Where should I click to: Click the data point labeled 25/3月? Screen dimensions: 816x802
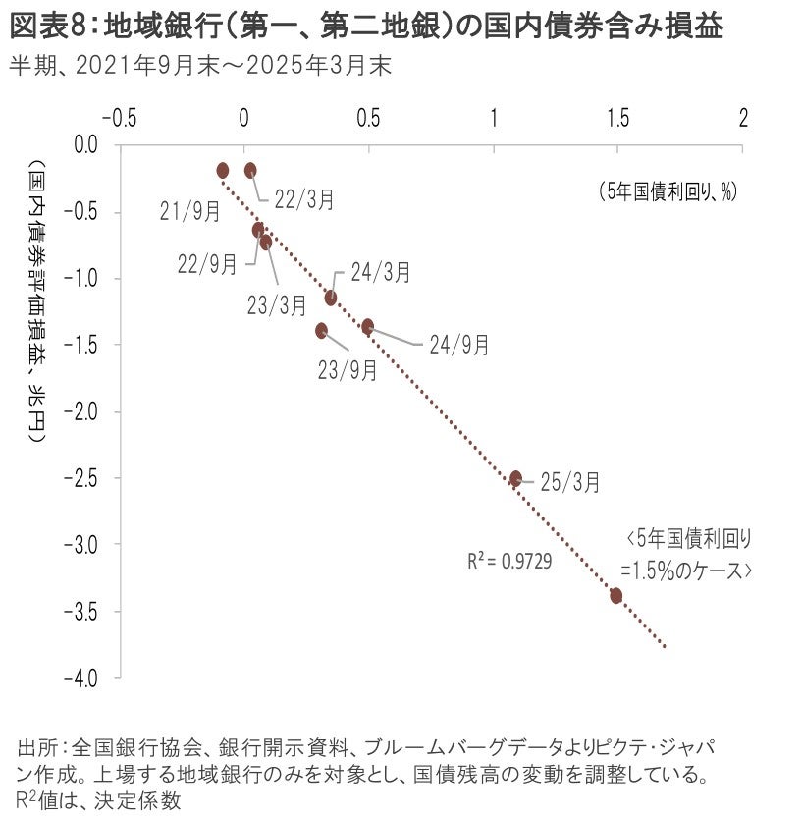[x=515, y=478]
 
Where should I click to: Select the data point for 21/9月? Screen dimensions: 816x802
[x=223, y=170]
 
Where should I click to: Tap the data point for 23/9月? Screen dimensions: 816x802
[x=321, y=331]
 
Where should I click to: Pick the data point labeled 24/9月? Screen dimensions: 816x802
[x=368, y=326]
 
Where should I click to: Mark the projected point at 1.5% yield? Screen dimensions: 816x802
[x=616, y=595]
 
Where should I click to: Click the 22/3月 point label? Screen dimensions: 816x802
[x=303, y=199]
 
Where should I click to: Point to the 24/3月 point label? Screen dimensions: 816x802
[x=380, y=272]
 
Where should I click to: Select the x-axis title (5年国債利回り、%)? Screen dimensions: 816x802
[x=668, y=191]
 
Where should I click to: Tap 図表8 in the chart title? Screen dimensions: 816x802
[x=49, y=27]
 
